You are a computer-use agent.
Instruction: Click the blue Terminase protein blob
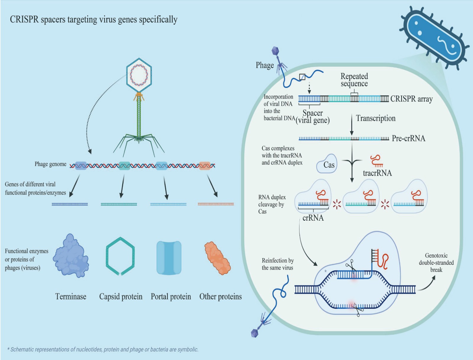(x=71, y=256)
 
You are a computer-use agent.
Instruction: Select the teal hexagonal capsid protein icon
(x=120, y=256)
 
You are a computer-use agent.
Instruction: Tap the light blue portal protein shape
(x=169, y=258)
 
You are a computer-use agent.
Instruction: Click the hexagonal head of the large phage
(x=139, y=75)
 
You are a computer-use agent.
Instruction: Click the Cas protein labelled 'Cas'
(x=327, y=164)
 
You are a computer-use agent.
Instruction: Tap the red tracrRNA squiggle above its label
(x=376, y=161)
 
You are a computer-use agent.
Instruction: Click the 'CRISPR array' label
(x=411, y=99)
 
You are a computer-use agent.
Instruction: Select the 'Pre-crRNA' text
(x=408, y=138)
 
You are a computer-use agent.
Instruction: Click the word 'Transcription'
(x=375, y=118)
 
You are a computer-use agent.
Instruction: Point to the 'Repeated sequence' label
(x=354, y=80)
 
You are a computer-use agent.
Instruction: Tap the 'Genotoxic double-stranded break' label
(x=436, y=262)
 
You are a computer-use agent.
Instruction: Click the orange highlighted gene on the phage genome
(x=205, y=166)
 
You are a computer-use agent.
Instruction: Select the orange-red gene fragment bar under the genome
(x=216, y=204)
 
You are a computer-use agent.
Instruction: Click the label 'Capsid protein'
(x=121, y=297)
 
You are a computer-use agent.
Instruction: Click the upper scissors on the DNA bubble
(x=351, y=265)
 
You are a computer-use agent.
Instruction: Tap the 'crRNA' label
(x=313, y=218)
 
